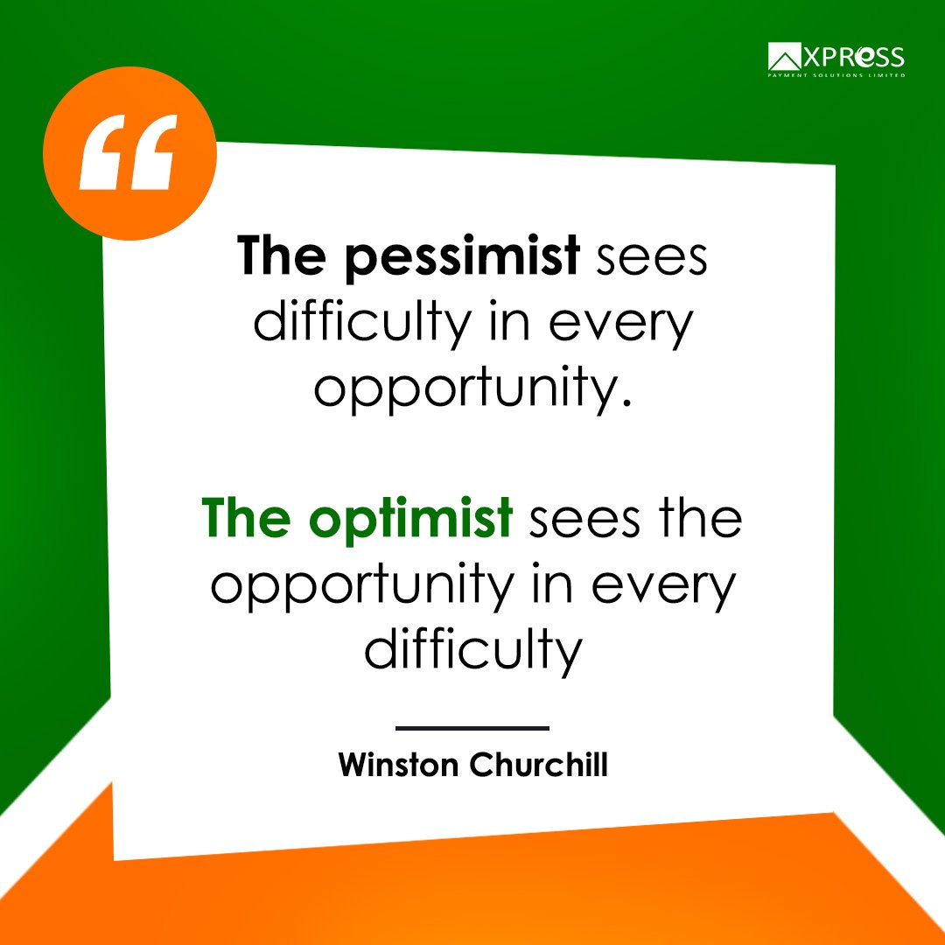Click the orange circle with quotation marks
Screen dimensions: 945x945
point(129,153)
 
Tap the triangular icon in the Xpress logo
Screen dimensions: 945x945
point(785,58)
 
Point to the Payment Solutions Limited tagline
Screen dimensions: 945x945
point(836,75)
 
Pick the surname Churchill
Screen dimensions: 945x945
point(539,764)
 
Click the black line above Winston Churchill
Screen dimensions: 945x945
point(472,727)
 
